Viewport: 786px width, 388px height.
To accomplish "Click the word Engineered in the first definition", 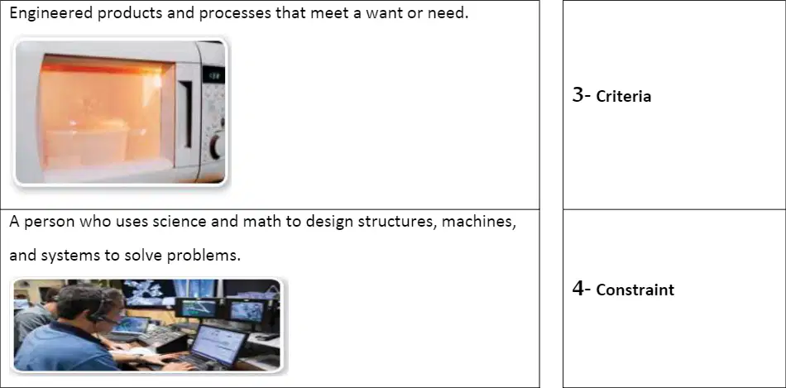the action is click(x=51, y=13).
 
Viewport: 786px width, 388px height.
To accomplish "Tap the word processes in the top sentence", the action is click(x=235, y=13).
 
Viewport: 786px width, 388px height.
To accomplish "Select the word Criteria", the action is click(x=624, y=96).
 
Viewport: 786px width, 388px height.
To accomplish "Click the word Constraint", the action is click(x=635, y=290).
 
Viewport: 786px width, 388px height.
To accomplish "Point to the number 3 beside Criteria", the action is click(x=578, y=95).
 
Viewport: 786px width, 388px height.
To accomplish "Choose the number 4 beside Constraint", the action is click(x=578, y=288).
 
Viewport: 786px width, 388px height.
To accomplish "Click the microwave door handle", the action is click(x=186, y=114).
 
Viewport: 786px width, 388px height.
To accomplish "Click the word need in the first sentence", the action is click(x=447, y=13).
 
